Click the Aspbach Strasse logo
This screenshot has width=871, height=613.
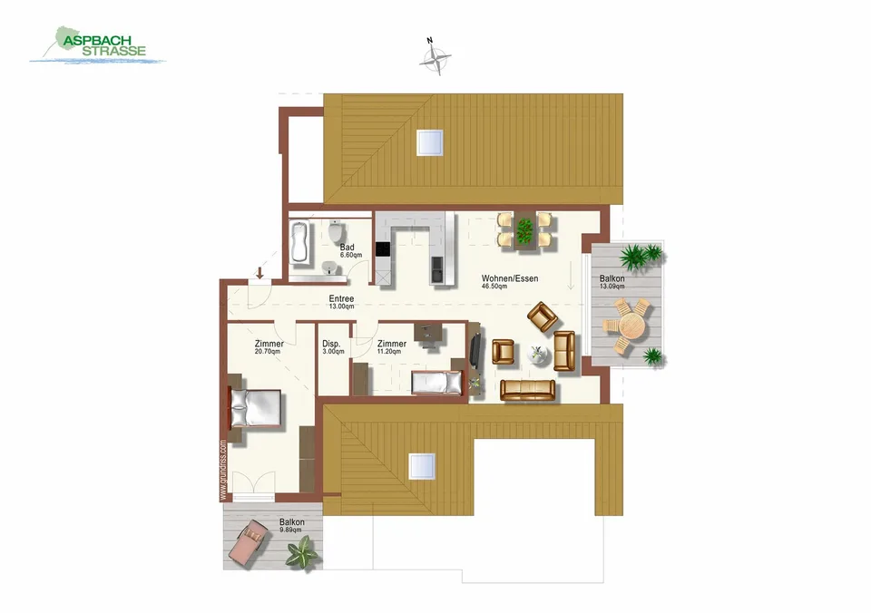coord(98,45)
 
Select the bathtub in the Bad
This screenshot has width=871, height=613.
coord(300,242)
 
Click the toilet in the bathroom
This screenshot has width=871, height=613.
coord(336,231)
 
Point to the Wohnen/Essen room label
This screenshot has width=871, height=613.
coord(509,278)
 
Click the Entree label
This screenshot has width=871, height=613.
coord(341,298)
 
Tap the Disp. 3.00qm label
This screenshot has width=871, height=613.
coord(333,347)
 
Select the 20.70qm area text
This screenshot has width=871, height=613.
coord(268,352)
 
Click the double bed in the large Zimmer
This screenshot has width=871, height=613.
coord(256,408)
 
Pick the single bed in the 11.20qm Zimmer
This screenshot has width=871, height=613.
coord(436,383)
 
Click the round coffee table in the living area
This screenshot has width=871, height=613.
coord(538,355)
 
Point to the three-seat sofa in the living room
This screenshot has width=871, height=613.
coord(528,390)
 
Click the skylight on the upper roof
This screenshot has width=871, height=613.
coord(430,142)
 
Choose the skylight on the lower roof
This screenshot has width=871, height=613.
coord(422,466)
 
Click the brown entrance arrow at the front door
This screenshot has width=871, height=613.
coord(259,273)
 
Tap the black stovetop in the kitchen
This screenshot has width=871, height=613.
coord(383,248)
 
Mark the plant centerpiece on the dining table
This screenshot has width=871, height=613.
coord(524,231)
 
